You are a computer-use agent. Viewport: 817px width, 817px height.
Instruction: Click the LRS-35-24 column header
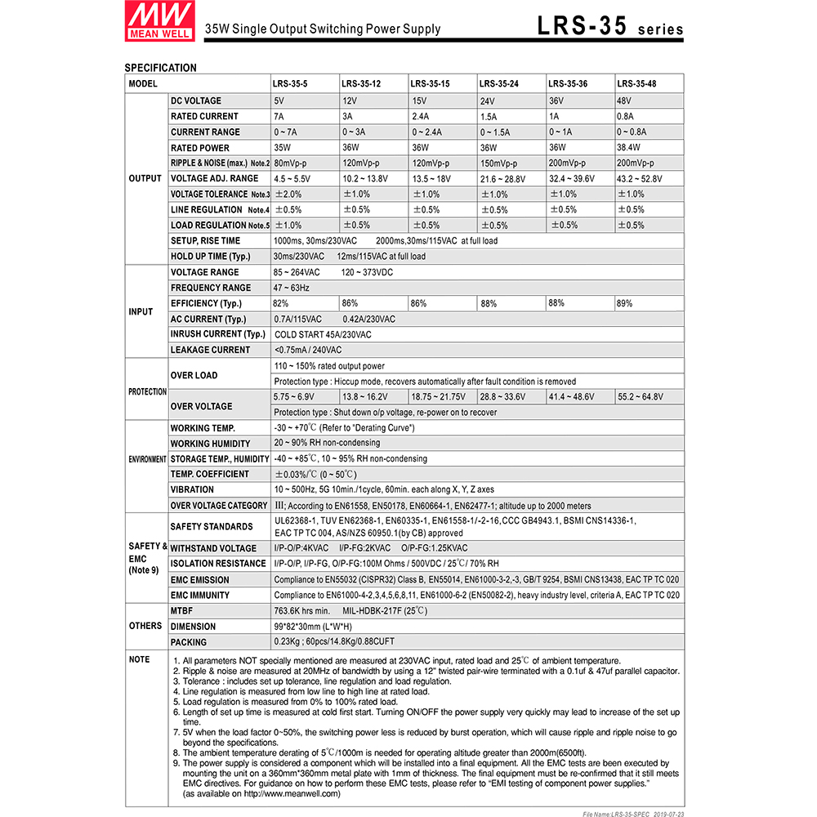(498, 83)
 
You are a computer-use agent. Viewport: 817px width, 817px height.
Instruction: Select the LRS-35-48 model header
(636, 83)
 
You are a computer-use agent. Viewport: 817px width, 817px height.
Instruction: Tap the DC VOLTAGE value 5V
(279, 101)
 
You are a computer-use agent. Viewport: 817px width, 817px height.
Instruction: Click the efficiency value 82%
(281, 303)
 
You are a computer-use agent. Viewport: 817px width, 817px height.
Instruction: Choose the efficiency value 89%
(625, 303)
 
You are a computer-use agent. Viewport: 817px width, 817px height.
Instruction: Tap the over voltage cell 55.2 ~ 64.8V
(640, 397)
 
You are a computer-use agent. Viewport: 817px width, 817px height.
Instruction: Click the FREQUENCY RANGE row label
(211, 288)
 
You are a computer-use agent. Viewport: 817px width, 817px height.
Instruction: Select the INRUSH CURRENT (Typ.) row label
(218, 334)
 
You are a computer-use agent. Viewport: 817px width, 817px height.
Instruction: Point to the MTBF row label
(181, 610)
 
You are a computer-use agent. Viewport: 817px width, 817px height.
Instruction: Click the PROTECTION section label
(147, 391)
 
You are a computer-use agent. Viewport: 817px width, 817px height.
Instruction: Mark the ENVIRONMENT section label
(147, 459)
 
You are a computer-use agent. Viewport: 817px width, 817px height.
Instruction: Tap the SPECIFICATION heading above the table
(160, 68)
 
